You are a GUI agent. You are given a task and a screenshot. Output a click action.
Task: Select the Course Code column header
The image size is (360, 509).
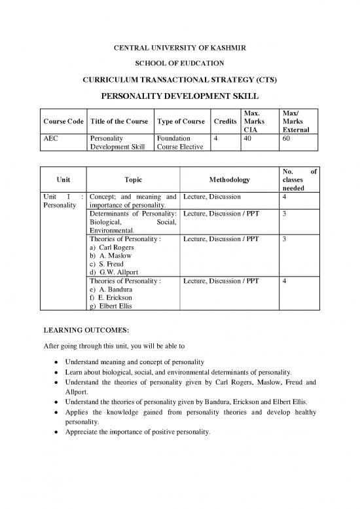click(63, 121)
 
